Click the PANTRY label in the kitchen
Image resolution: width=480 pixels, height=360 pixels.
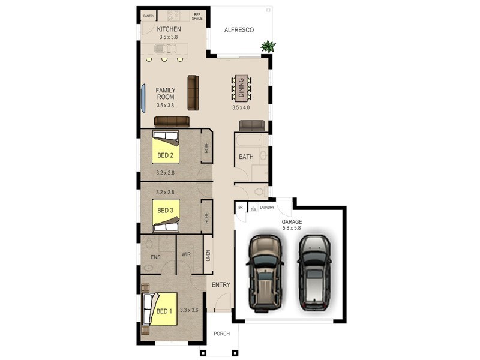[x=149, y=16]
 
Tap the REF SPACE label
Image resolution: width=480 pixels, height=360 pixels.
[x=197, y=16]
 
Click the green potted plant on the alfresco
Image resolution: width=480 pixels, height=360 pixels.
[x=268, y=46]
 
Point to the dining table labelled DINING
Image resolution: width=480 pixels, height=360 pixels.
[x=241, y=88]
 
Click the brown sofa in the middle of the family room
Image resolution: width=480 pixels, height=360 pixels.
[x=193, y=92]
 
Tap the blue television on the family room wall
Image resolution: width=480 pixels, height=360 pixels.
[x=143, y=98]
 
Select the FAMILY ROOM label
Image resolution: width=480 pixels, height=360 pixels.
[x=165, y=94]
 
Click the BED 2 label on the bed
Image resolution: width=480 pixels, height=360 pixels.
[x=165, y=155]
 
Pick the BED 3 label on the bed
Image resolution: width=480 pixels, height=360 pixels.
[x=165, y=211]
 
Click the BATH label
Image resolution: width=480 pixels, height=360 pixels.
[x=246, y=157]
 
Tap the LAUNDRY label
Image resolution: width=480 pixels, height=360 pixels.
[x=267, y=208]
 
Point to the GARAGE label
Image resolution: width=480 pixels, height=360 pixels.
[x=292, y=222]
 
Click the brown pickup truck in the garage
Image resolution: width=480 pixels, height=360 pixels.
[x=264, y=272]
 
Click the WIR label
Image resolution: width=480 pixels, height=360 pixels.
[x=186, y=254]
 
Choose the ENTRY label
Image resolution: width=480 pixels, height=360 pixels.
[x=221, y=285]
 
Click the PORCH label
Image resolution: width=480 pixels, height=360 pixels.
[x=221, y=334]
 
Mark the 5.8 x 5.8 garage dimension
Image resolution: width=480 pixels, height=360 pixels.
[x=292, y=229]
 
